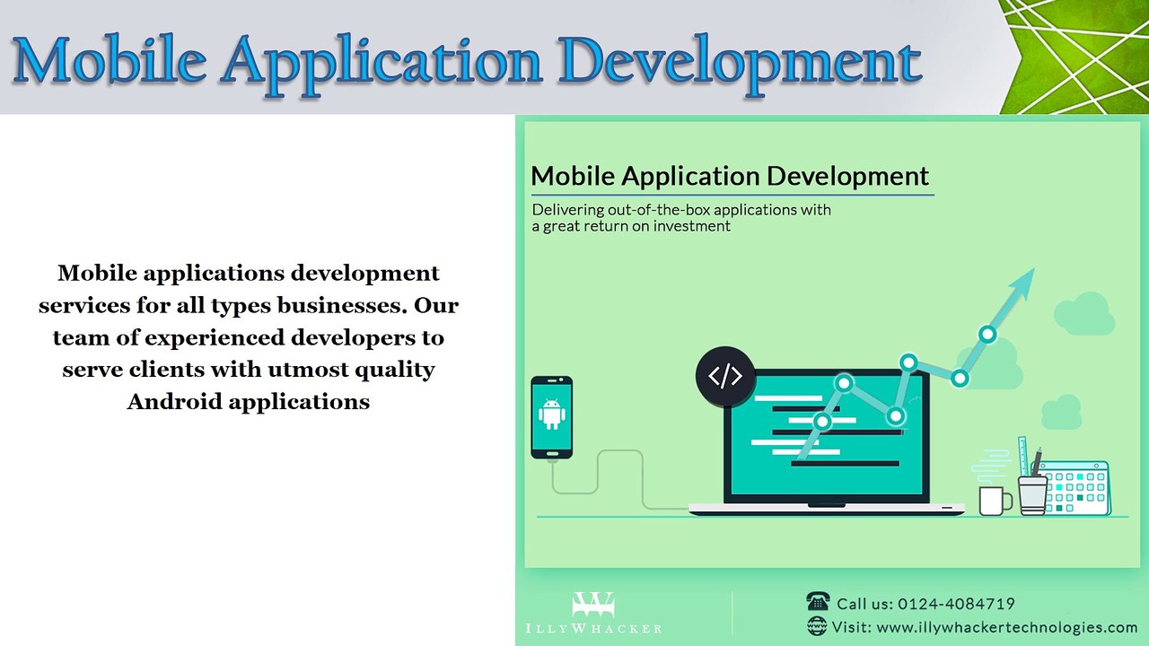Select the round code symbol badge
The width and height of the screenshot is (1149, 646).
point(724,376)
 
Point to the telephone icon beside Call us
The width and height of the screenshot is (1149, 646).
point(818,602)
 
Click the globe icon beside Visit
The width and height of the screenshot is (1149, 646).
point(818,626)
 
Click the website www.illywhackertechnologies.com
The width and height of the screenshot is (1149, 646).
point(1006,627)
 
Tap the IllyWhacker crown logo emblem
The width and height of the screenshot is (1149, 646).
point(593,604)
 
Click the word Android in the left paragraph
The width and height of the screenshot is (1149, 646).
point(174,401)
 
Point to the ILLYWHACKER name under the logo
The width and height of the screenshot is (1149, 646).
point(593,628)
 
